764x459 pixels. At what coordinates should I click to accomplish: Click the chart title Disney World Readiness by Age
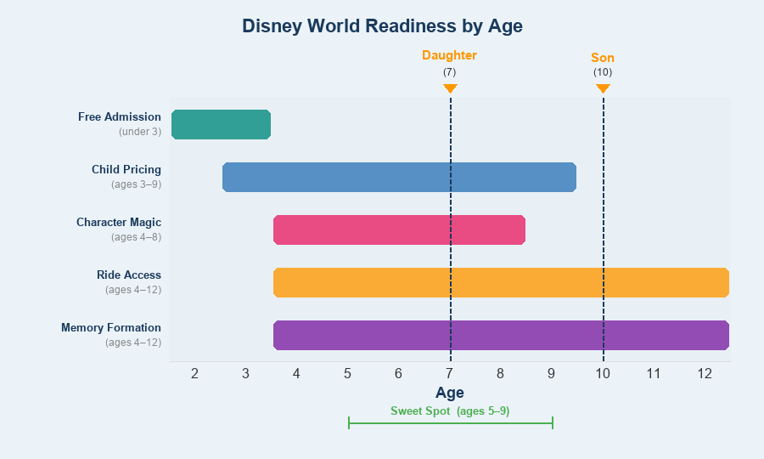coord(382,25)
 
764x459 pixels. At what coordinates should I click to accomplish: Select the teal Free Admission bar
coord(221,124)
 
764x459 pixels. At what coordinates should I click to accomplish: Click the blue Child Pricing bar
coord(399,177)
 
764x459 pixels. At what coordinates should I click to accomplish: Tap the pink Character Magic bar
coord(399,229)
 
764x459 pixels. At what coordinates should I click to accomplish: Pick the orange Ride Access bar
coord(501,282)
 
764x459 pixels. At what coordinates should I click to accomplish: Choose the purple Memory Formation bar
coord(501,335)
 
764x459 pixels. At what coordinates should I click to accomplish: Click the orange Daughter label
coord(449,55)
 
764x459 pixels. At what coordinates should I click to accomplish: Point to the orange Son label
coord(603,58)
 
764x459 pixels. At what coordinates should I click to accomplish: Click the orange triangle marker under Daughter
coord(450,88)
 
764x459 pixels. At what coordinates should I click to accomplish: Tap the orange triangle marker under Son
coord(603,88)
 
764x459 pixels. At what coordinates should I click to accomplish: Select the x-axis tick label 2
coord(194,373)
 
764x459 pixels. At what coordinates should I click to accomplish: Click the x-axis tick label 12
coord(705,373)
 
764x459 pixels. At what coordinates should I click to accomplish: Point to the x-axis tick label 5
coord(347,373)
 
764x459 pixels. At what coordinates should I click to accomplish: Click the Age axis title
coord(450,392)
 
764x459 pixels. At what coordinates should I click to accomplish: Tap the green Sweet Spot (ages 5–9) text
coord(450,411)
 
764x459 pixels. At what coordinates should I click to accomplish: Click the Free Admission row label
coord(120,116)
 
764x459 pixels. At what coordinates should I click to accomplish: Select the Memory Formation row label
coord(111,327)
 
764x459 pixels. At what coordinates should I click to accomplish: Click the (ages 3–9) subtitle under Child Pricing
coord(136,184)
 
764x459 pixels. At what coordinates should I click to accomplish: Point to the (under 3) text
coord(140,131)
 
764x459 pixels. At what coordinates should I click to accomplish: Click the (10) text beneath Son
coord(603,72)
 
